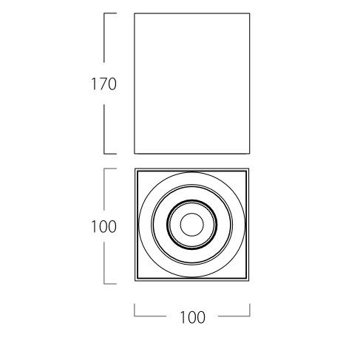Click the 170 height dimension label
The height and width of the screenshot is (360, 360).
103,84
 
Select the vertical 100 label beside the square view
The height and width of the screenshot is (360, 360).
103,226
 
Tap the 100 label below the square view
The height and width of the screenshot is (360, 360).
192,317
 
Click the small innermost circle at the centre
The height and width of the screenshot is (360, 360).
192,225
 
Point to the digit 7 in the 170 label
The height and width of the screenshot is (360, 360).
103,84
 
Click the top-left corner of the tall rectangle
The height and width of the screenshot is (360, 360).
135,13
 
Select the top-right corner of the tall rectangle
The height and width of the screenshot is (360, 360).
250,13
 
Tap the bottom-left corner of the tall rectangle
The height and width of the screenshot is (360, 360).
135,154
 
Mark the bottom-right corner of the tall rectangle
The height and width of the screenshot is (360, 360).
250,154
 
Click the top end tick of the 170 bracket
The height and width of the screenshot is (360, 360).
110,13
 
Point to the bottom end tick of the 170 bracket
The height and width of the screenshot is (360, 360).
110,154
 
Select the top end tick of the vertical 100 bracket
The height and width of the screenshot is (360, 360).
110,169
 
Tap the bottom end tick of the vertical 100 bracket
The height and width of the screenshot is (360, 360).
110,284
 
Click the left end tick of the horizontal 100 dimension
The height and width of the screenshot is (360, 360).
135,310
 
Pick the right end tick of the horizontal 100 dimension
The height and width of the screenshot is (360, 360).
250,310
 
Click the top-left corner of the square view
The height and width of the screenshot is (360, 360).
135,169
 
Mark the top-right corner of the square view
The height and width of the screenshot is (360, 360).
249,169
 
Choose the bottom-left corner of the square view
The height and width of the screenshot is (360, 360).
135,281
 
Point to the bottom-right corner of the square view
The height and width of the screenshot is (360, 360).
249,281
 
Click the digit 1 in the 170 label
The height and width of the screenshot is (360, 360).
94,84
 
